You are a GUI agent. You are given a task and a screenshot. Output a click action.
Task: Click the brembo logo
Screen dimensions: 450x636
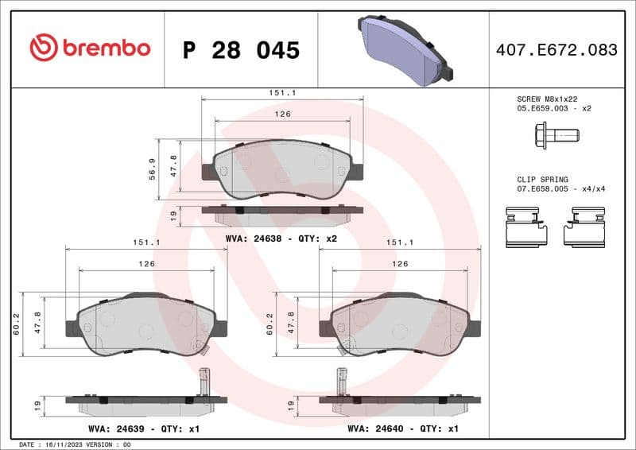click(x=89, y=48)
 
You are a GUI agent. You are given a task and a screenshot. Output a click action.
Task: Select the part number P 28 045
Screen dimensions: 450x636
click(x=241, y=50)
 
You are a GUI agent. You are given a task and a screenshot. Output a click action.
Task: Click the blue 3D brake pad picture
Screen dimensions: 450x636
click(x=406, y=48)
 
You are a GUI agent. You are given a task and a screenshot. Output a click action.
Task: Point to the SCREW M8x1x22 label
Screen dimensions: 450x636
click(x=549, y=98)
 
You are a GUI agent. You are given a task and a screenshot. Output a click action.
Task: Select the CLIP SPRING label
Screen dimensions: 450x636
click(x=542, y=180)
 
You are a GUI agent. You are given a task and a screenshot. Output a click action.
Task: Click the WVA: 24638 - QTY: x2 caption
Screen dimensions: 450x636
click(x=282, y=238)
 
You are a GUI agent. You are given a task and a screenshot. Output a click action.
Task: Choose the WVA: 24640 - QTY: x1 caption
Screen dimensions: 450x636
click(x=403, y=429)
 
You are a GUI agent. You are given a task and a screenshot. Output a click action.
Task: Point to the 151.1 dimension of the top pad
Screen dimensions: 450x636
click(x=282, y=93)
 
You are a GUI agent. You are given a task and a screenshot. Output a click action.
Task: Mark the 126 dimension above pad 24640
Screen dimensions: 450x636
click(x=400, y=263)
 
